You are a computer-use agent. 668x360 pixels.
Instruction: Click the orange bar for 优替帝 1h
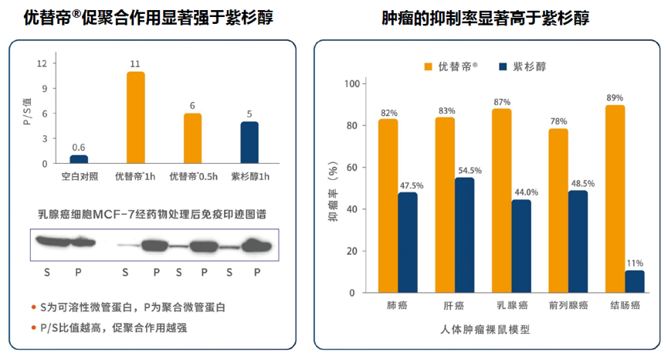pos(135,117)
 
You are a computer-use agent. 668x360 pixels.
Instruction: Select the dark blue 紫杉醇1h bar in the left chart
pos(249,142)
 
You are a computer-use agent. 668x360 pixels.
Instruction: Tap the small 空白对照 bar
pos(79,159)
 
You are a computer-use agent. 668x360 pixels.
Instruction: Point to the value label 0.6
pos(79,148)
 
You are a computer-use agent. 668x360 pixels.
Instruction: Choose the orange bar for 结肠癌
pos(615,199)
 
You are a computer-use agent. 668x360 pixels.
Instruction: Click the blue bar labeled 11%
pos(635,281)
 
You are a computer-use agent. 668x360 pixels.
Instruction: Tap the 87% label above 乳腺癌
pos(502,102)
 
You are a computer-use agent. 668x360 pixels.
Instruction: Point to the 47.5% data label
pos(409,185)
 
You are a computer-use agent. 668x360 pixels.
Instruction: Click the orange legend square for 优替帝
pos(429,67)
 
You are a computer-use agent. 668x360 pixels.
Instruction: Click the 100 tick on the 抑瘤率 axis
pos(351,83)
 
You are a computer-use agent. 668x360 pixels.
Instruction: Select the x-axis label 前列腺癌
pos(568,305)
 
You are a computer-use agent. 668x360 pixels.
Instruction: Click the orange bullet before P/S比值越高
pos(33,328)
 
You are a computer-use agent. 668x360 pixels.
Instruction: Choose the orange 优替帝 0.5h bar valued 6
pos(192,138)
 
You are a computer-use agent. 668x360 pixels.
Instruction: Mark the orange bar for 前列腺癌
pos(558,210)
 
